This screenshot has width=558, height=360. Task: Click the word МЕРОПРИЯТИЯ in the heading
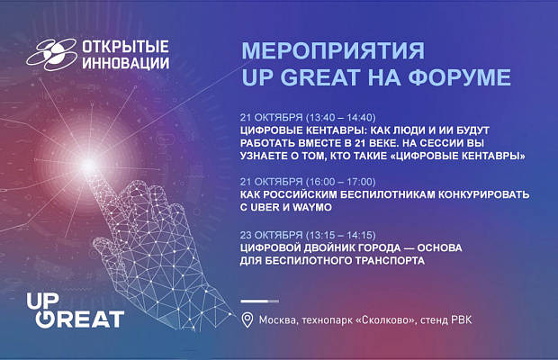pyautogui.click(x=333, y=50)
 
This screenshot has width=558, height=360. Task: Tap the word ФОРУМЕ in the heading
pyautogui.click(x=460, y=77)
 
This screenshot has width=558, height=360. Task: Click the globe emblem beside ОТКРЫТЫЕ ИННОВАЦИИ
pyautogui.click(x=52, y=54)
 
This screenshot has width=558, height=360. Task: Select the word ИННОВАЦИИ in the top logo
pyautogui.click(x=126, y=63)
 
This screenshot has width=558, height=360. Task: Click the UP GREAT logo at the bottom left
pyautogui.click(x=76, y=310)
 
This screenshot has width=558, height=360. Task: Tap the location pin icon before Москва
pyautogui.click(x=247, y=319)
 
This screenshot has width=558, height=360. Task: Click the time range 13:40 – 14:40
pyautogui.click(x=341, y=117)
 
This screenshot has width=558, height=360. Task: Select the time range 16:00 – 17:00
pyautogui.click(x=341, y=182)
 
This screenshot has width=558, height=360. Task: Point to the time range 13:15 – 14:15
pyautogui.click(x=341, y=235)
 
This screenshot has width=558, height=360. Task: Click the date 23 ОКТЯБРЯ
pyautogui.click(x=271, y=235)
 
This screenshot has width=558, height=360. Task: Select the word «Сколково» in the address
pyautogui.click(x=386, y=320)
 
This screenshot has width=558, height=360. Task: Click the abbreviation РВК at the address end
pyautogui.click(x=462, y=319)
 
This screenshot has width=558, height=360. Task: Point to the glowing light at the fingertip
pyautogui.click(x=88, y=166)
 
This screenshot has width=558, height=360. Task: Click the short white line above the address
pyautogui.click(x=260, y=301)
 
